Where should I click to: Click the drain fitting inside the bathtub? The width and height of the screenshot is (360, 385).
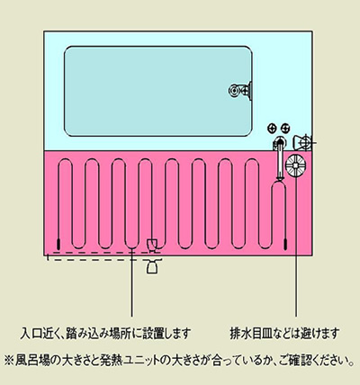(x=240, y=90)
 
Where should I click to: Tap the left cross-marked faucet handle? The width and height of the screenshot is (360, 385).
(x=272, y=129)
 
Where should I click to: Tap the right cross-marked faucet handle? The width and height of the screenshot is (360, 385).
(x=285, y=129)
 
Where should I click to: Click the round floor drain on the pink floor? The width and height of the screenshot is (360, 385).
(x=295, y=166)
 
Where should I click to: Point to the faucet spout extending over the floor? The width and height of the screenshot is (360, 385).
(x=280, y=159)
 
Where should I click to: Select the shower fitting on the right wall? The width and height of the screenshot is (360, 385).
(x=303, y=143)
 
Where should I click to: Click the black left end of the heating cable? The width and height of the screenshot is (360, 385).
(x=58, y=244)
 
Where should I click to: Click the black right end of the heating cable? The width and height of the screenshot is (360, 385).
(x=285, y=244)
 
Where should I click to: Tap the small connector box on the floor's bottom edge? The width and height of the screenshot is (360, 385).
(x=152, y=244)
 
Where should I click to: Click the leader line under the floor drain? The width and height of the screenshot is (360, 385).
(x=296, y=246)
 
